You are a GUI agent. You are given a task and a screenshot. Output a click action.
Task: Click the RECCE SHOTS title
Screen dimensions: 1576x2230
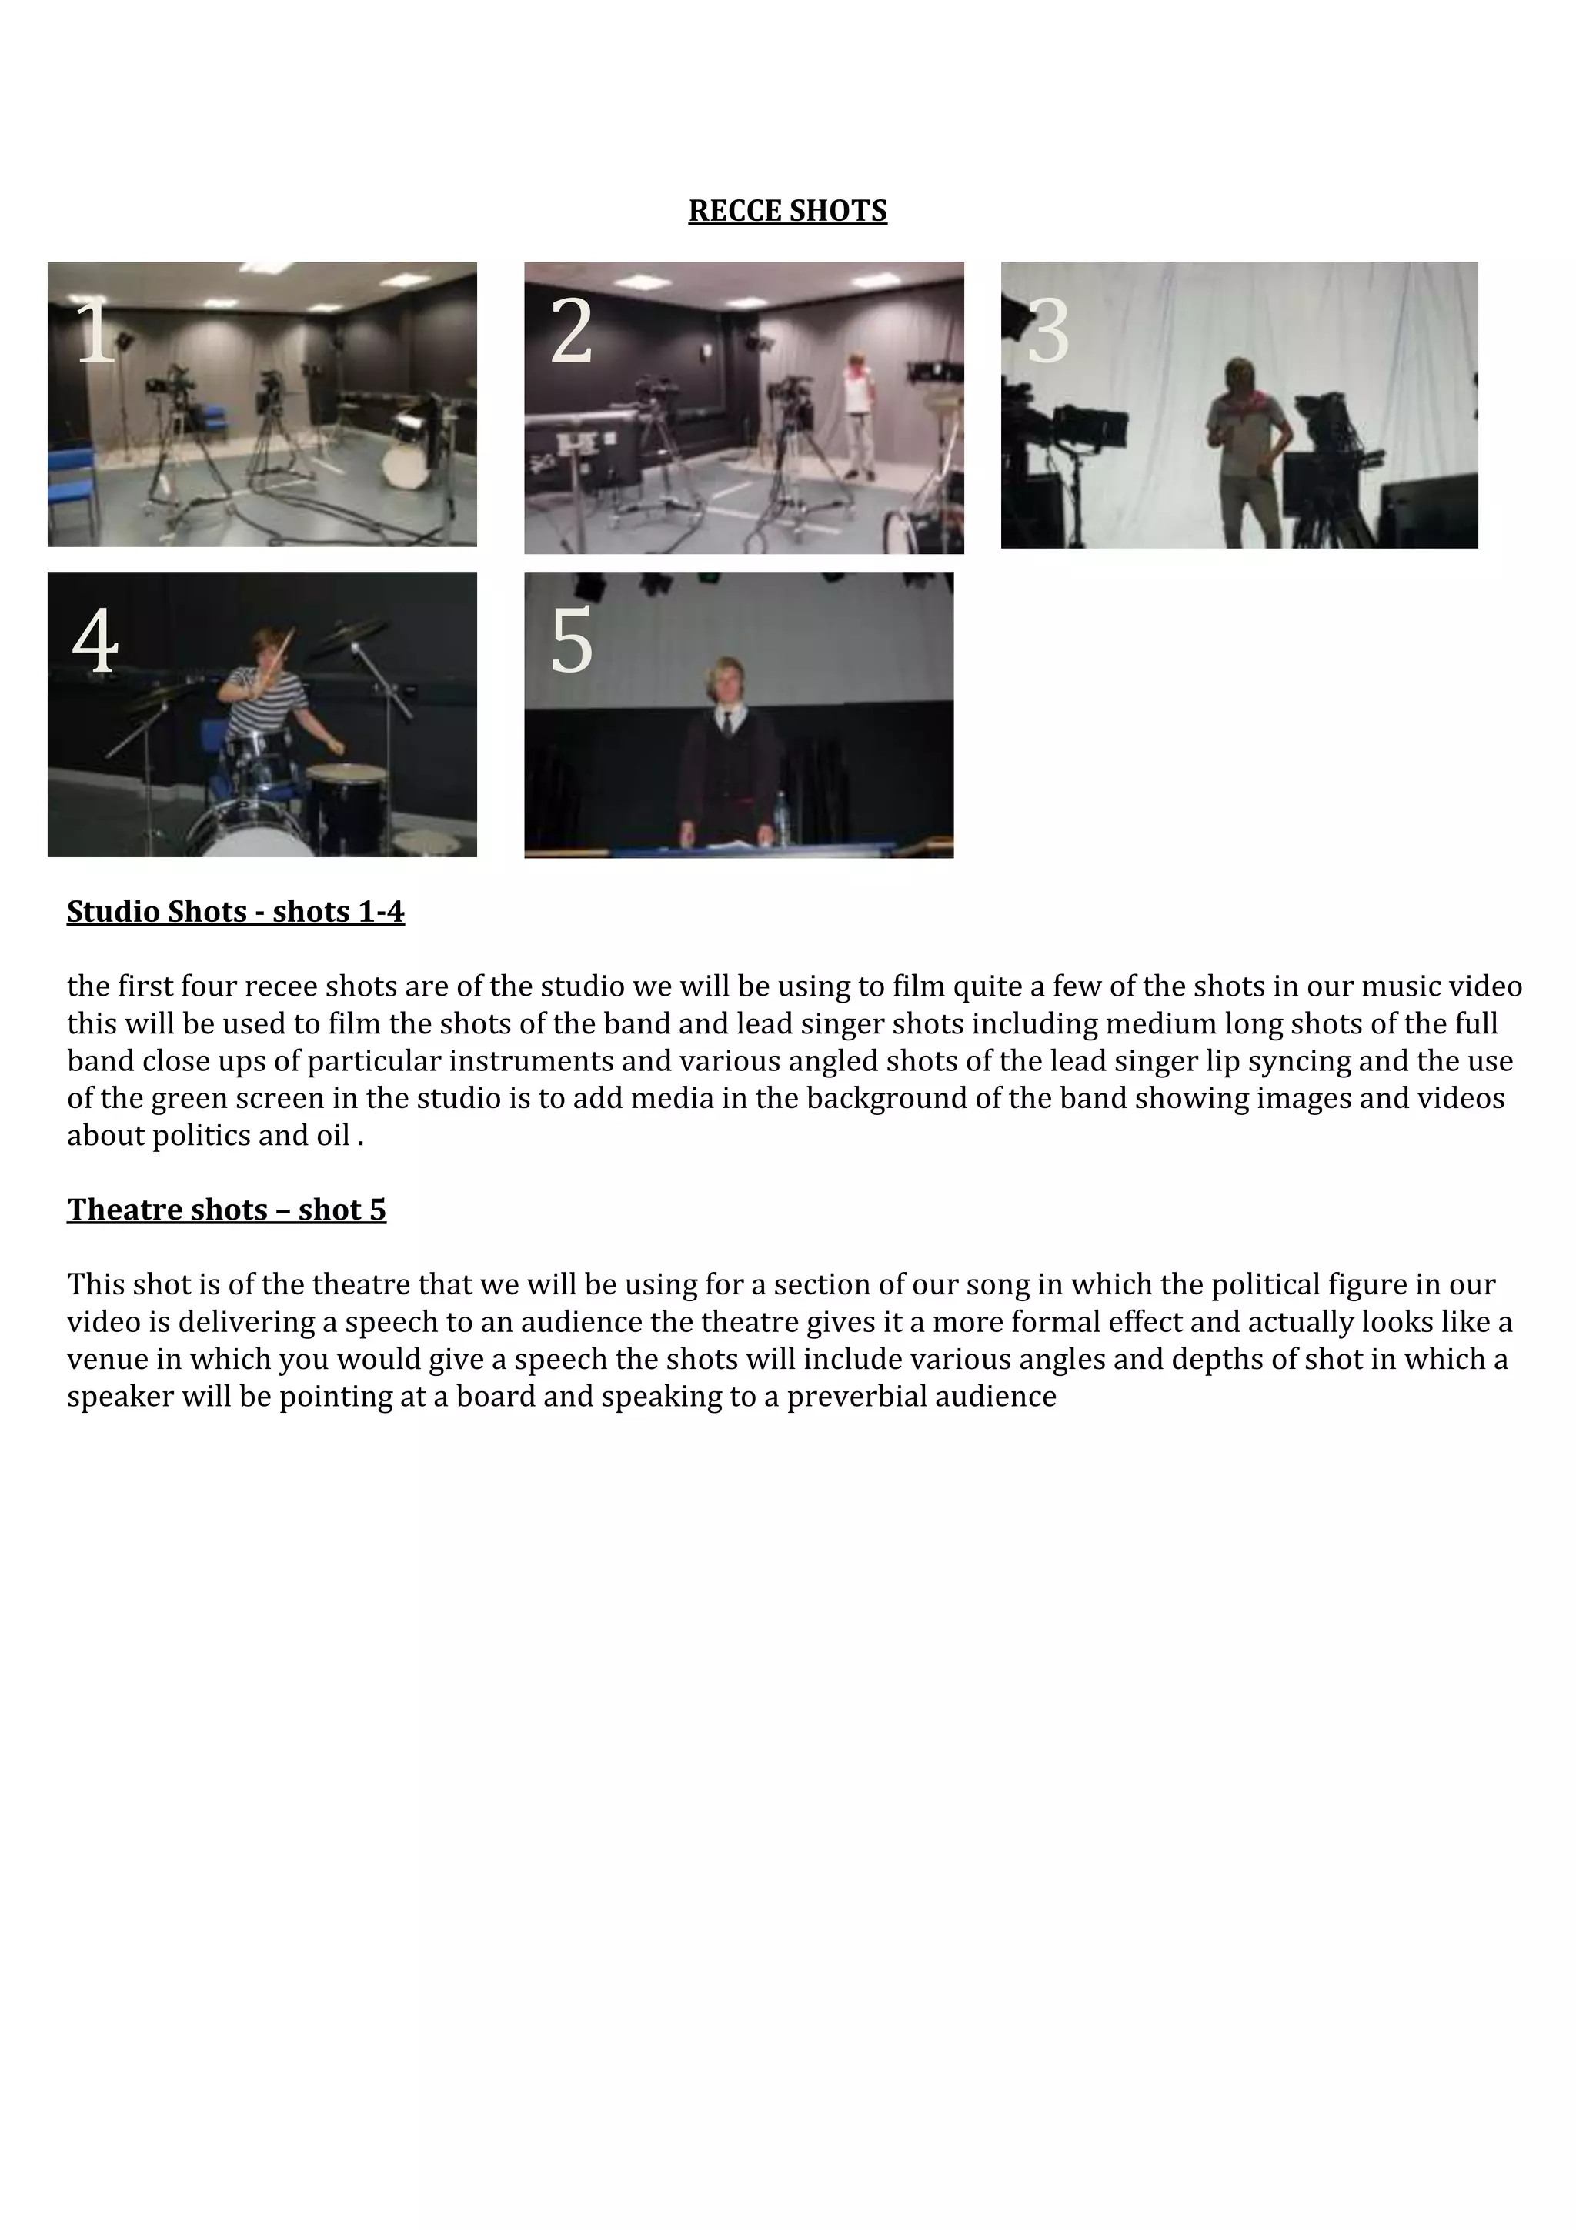click(x=787, y=211)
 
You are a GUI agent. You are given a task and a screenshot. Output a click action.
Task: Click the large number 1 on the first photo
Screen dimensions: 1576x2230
click(x=95, y=332)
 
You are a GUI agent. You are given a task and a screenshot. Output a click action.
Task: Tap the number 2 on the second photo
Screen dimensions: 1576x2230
click(x=571, y=332)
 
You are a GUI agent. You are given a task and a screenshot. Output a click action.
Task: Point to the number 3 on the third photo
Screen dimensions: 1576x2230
click(x=1048, y=332)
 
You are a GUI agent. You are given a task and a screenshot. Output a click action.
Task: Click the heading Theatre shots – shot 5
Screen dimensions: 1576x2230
click(x=226, y=1210)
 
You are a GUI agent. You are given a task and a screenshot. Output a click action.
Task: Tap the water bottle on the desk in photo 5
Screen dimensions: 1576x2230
click(x=781, y=818)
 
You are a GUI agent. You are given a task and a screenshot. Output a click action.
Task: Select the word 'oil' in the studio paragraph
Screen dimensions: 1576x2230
click(x=333, y=1136)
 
